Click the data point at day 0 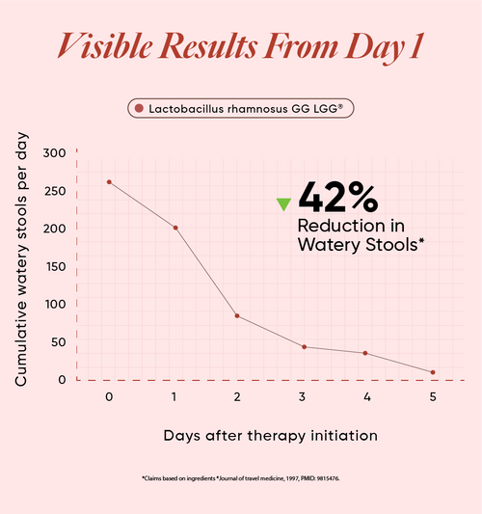point(109,182)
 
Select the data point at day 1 point(175,228)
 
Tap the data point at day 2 point(237,315)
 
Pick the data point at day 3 point(304,347)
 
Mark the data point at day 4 point(365,353)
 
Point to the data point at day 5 point(433,372)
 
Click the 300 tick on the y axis point(54,153)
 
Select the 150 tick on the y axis point(55,267)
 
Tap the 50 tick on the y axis point(59,342)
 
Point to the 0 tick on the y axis point(62,380)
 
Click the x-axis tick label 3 point(302,397)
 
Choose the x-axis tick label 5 point(433,397)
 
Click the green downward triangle point(283,203)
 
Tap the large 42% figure point(338,198)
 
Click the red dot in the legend point(139,108)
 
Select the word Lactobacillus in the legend point(186,109)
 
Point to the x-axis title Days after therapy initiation point(271,436)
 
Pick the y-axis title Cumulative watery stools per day point(21,259)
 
